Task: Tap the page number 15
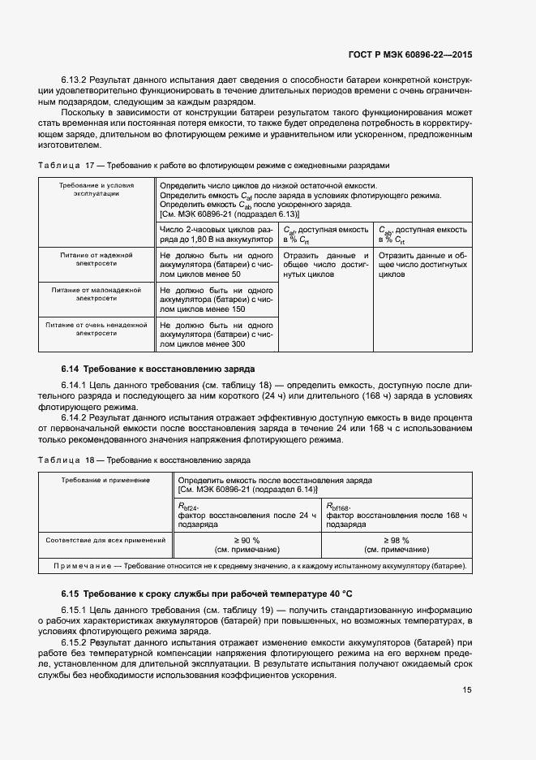pos(467,690)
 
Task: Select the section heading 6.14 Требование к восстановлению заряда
pos(159,368)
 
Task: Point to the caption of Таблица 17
pos(214,165)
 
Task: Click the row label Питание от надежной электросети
pos(96,259)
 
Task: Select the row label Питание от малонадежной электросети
pos(96,294)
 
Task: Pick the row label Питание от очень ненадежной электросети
pos(96,328)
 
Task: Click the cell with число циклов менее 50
pos(216,265)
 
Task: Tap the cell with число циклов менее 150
pos(216,299)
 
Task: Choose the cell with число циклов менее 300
pos(216,334)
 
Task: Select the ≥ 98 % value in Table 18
pos(395,540)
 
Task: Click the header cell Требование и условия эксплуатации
pos(96,190)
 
